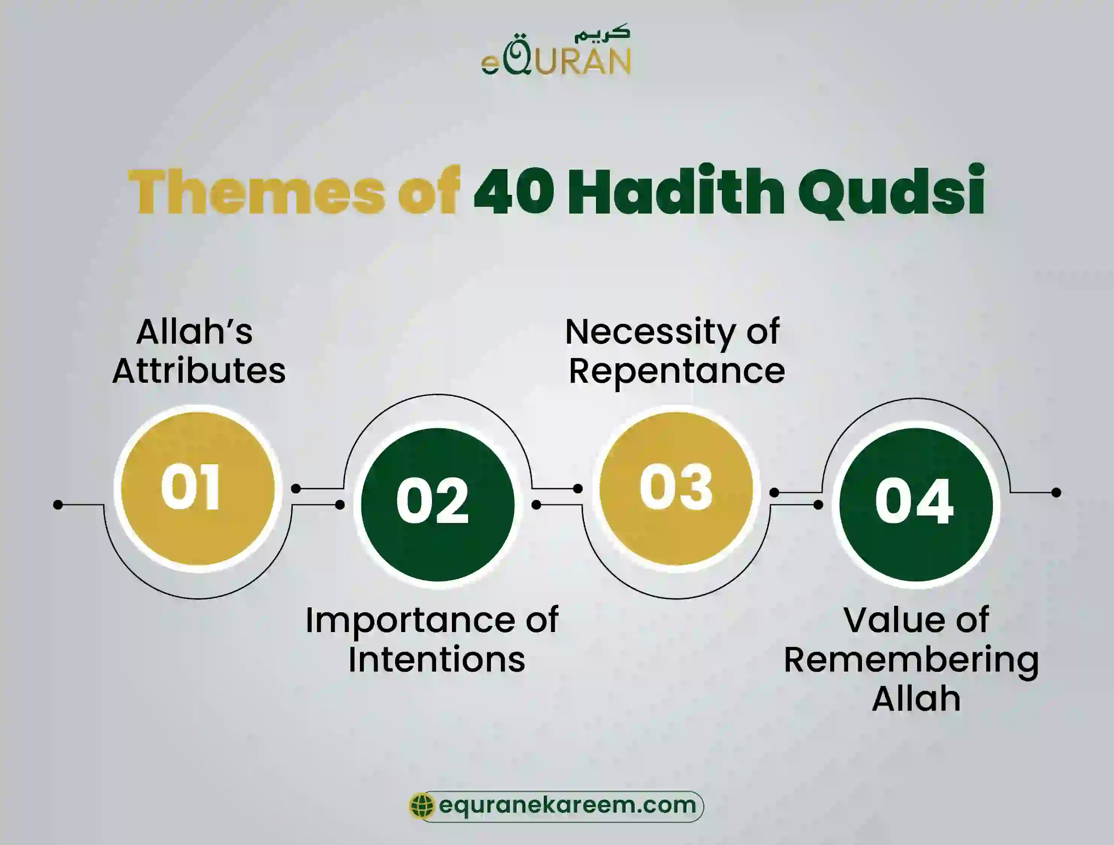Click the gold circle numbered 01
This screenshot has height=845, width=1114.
click(x=198, y=488)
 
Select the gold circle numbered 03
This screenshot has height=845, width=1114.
click(x=676, y=488)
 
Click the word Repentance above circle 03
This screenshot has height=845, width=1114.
click(x=676, y=372)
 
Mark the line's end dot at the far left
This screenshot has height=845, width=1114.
click(x=58, y=504)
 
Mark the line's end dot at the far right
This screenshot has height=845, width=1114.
click(x=1056, y=492)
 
